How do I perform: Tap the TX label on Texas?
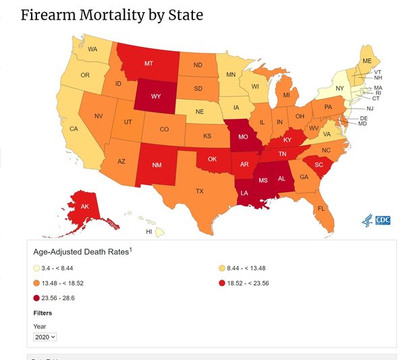(x=199, y=191)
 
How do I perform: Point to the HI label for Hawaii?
(x=148, y=232)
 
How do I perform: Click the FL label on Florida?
(x=321, y=209)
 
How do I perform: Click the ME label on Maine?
(x=367, y=60)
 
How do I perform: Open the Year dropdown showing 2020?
(x=45, y=336)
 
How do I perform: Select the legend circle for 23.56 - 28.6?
(x=36, y=297)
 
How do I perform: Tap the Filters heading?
(x=43, y=313)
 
